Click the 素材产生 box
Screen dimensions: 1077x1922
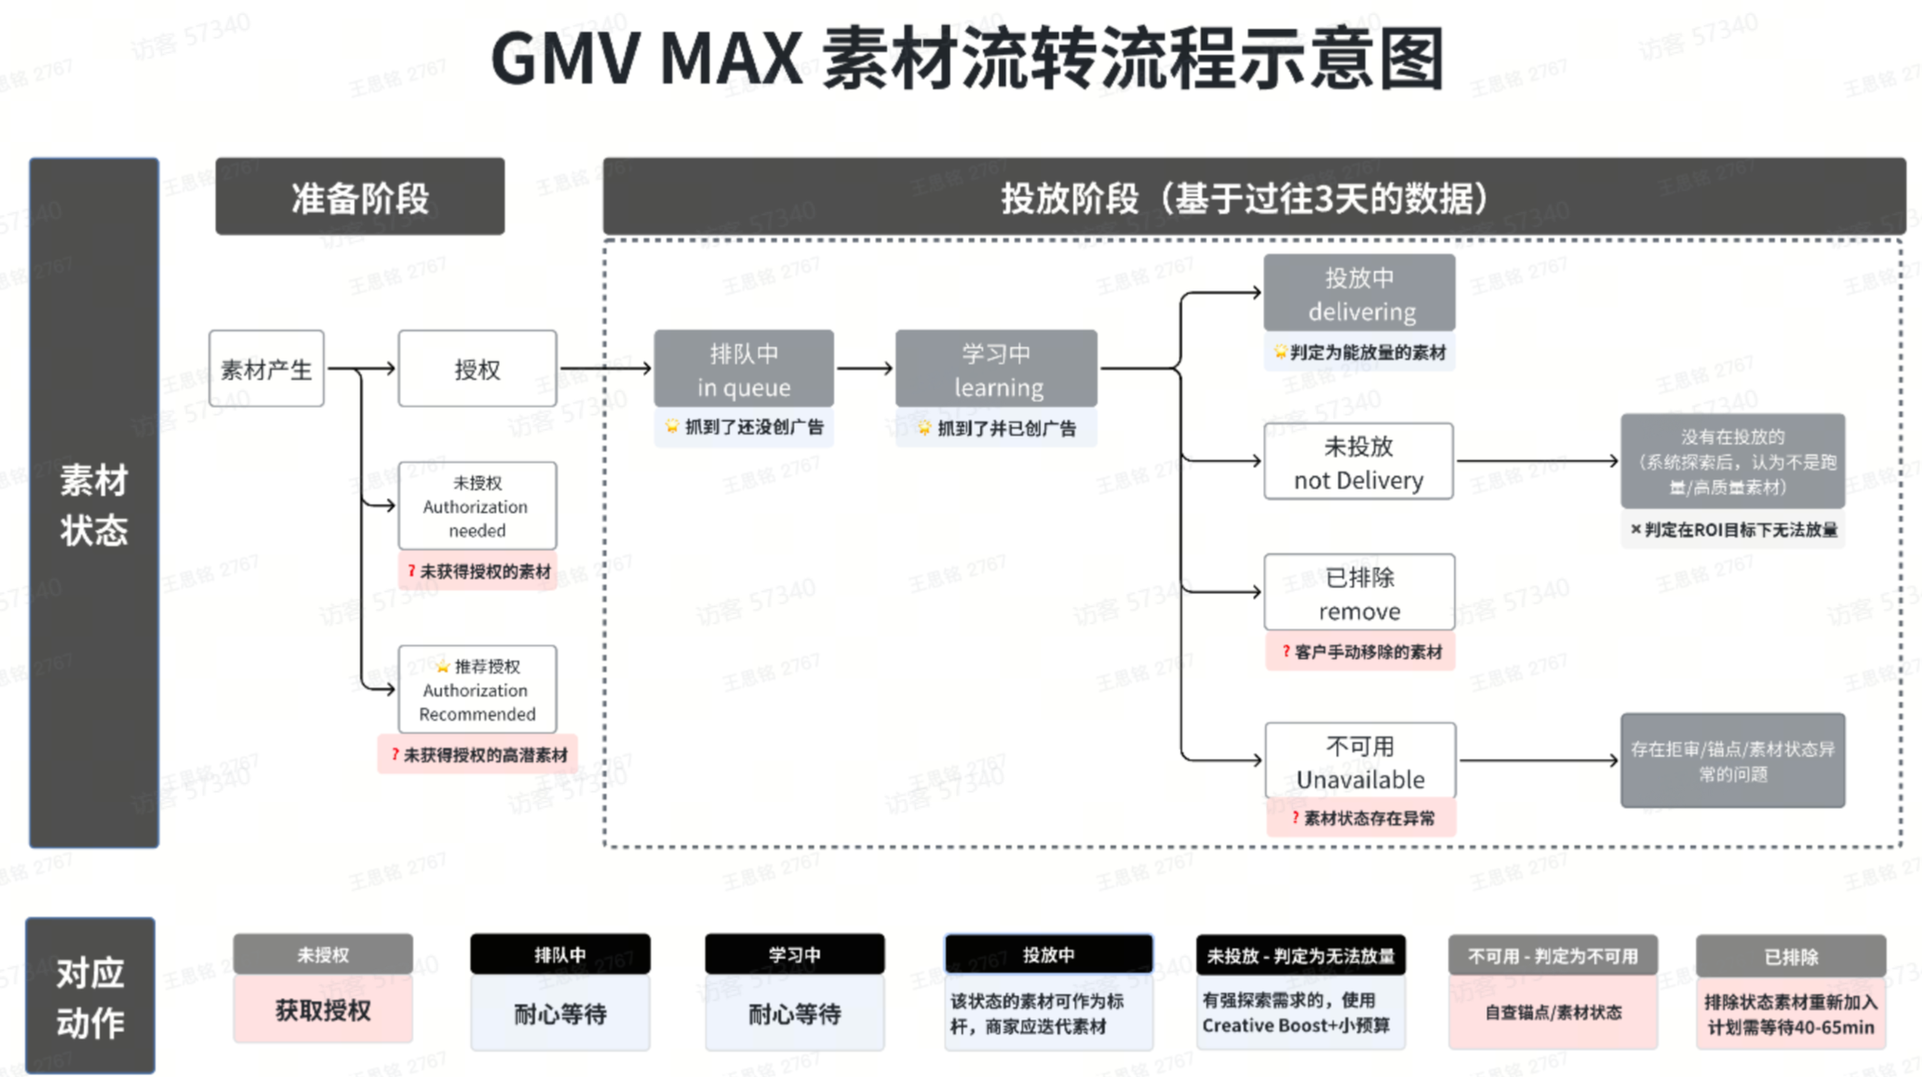coord(266,369)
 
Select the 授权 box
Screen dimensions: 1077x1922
coord(477,369)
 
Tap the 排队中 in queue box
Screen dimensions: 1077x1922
coord(744,369)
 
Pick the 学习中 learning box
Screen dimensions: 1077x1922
coord(996,369)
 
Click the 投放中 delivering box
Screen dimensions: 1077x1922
coord(1359,293)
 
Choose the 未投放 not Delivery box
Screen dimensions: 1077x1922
coord(1358,462)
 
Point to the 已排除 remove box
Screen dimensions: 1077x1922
coord(1359,593)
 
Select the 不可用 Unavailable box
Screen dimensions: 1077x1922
coord(1360,761)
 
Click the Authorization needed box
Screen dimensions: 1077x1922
coord(477,506)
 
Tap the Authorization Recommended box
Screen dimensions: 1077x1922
coord(477,690)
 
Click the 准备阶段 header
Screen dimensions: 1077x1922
coord(360,197)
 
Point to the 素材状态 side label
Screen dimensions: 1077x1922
coord(94,504)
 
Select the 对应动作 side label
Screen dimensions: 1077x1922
coord(90,997)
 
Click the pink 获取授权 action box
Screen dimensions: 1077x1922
coord(323,1010)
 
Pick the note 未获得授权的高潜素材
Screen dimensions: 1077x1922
coord(478,755)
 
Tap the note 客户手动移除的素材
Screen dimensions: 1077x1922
coord(1361,652)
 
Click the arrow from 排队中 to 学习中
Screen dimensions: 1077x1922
coord(865,369)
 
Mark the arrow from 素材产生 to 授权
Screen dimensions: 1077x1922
coord(361,369)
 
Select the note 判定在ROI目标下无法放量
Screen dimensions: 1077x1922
coord(1733,530)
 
